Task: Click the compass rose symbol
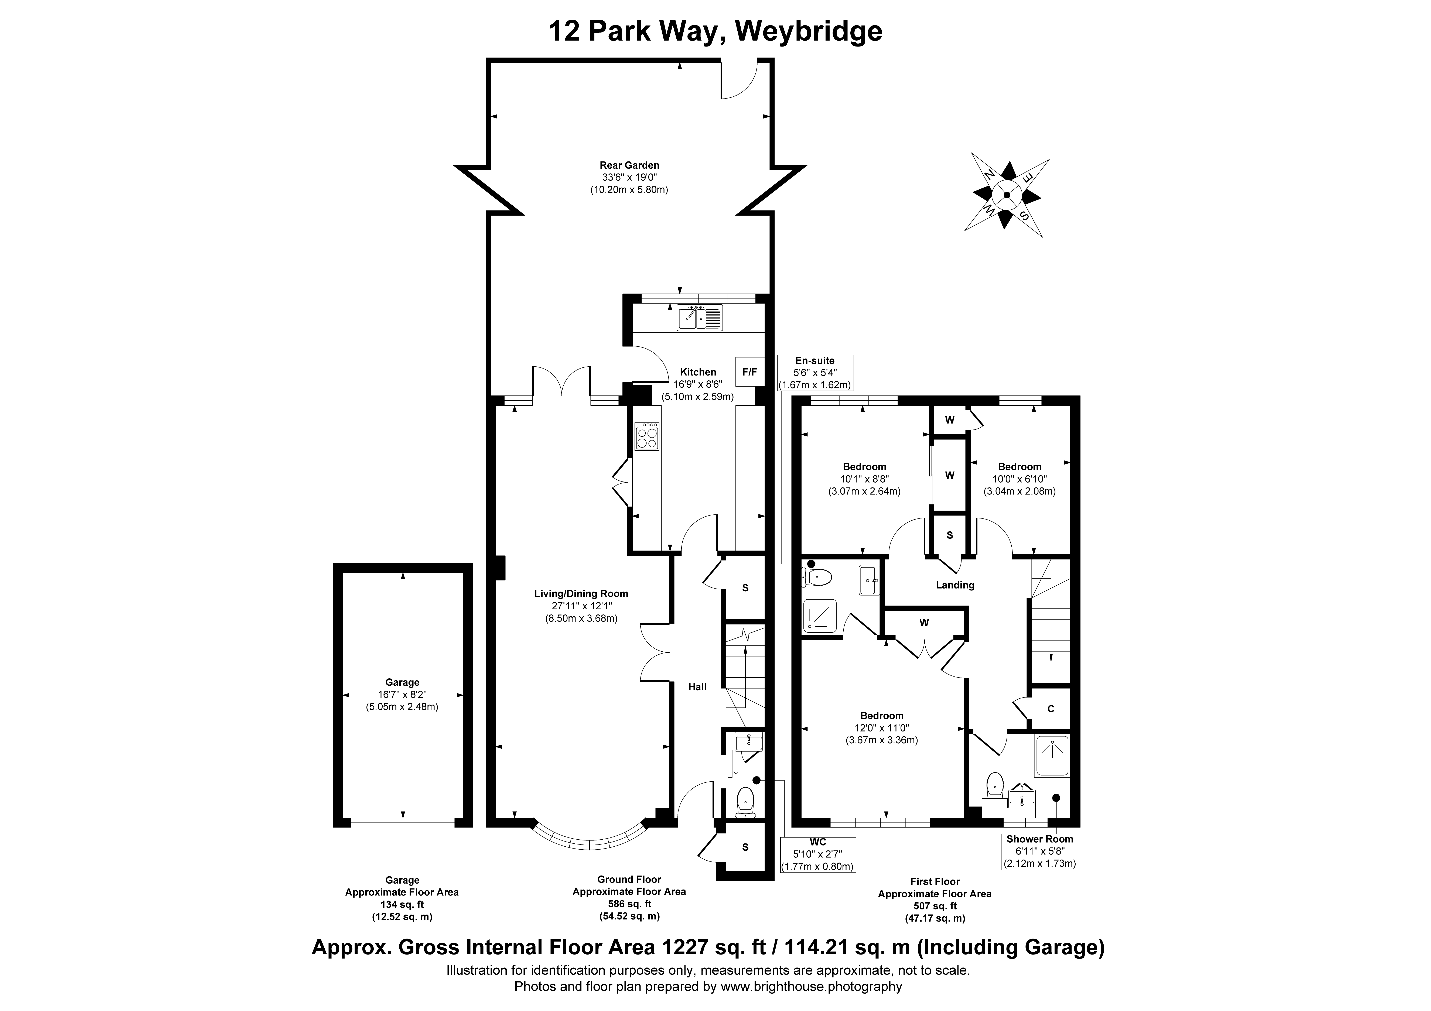tap(1007, 195)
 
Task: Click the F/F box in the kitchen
tap(749, 372)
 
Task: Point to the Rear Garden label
tap(629, 165)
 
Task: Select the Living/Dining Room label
tap(581, 594)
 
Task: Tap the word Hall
tap(697, 687)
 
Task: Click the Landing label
tap(955, 585)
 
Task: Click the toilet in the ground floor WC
tap(745, 802)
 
